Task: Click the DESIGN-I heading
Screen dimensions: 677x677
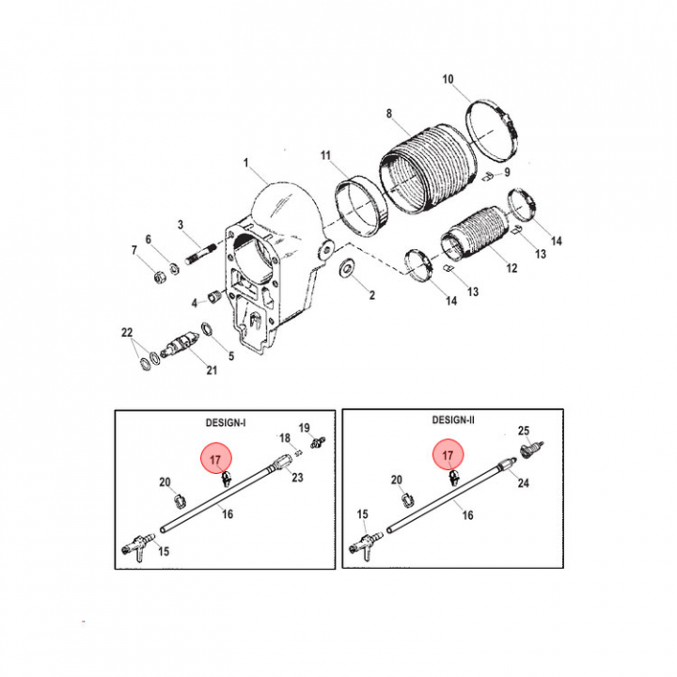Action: click(226, 423)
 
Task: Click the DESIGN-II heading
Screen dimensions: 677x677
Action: click(453, 420)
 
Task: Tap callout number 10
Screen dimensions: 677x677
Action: click(448, 79)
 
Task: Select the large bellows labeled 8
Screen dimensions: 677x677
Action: click(428, 169)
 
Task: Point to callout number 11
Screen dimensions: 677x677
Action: click(325, 155)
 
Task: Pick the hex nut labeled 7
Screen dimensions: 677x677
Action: click(159, 276)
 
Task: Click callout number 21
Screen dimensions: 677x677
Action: click(212, 370)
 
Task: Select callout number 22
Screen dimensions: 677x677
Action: click(127, 333)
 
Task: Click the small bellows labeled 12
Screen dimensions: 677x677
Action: click(474, 234)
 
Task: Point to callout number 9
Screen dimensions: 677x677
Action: click(507, 172)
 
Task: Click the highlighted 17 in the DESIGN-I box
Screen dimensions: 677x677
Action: click(216, 460)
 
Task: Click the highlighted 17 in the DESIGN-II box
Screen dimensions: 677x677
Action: click(448, 455)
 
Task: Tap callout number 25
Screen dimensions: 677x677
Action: click(524, 431)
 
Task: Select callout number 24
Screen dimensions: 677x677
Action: click(524, 482)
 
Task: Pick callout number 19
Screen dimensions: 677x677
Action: click(305, 428)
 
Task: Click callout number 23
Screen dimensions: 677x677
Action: click(297, 477)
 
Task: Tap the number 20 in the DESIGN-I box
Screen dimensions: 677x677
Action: click(165, 481)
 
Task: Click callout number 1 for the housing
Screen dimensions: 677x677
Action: click(246, 164)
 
